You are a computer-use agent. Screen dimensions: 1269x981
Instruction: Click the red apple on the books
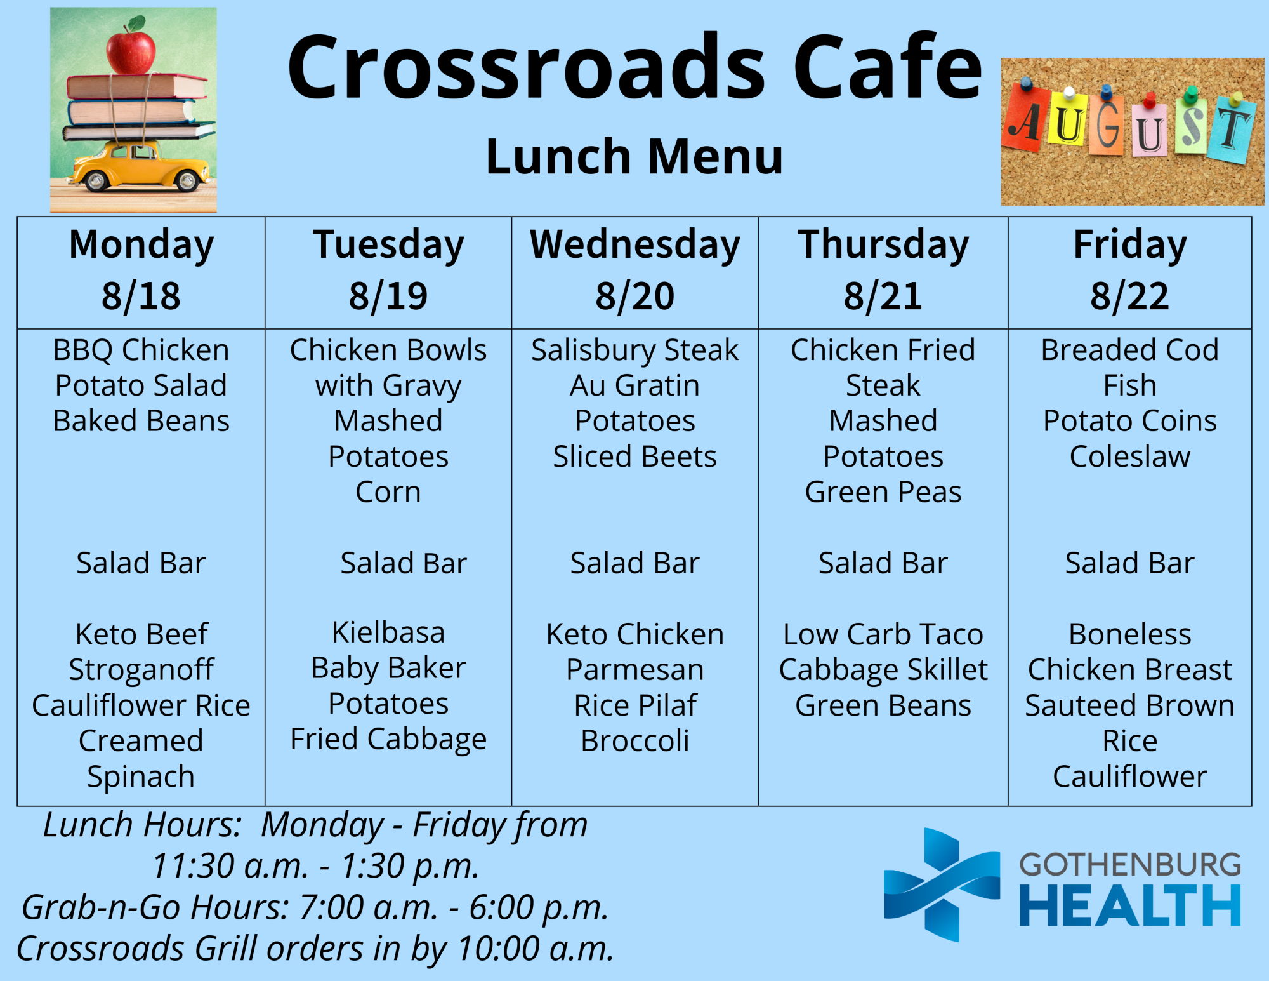tap(131, 48)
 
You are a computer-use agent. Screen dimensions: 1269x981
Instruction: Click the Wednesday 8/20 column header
tap(635, 270)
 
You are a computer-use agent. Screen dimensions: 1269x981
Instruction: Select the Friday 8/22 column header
tap(1130, 270)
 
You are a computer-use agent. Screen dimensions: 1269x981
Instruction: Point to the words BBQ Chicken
tap(141, 350)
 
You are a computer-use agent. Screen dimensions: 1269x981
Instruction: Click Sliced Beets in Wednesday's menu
tap(635, 457)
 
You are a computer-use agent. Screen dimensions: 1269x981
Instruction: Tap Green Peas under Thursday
tap(883, 493)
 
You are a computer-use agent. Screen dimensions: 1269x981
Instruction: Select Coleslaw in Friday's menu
tap(1130, 457)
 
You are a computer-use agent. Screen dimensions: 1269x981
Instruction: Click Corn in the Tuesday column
tap(388, 492)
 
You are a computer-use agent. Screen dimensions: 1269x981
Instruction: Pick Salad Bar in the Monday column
tap(141, 563)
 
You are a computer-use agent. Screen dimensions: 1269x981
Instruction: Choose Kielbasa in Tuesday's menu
tap(388, 632)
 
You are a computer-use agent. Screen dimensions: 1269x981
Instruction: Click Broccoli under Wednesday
tap(635, 741)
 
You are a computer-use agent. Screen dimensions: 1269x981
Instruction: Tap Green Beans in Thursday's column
tap(883, 705)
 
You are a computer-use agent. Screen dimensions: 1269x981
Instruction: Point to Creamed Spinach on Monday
tap(141, 759)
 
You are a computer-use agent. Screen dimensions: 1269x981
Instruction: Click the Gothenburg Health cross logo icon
tap(942, 884)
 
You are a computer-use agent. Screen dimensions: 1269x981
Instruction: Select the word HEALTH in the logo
tap(1129, 906)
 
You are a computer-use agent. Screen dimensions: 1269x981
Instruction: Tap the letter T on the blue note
tap(1233, 130)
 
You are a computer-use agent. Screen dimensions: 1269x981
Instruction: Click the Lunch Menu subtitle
tap(634, 157)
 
